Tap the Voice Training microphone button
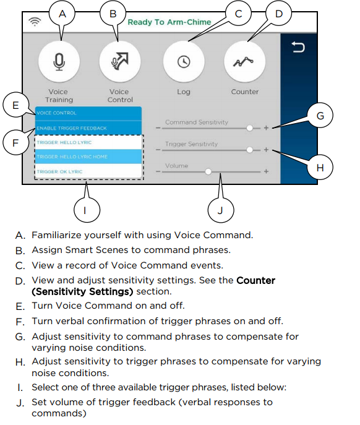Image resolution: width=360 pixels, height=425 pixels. tap(59, 62)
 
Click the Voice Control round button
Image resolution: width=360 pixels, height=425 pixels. tap(119, 62)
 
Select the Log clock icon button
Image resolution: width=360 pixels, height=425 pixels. tap(183, 62)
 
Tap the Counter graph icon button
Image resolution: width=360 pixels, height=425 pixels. tap(244, 62)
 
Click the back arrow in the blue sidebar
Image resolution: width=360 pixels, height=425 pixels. tap(298, 48)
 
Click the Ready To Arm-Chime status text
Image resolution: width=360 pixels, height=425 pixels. tap(169, 22)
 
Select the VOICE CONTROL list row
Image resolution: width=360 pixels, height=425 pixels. tap(88, 113)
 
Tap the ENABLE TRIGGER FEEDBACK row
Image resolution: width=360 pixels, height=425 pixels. tap(88, 128)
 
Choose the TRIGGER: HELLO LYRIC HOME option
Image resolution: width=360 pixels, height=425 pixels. tap(88, 157)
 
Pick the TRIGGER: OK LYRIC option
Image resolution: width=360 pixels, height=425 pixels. tap(88, 171)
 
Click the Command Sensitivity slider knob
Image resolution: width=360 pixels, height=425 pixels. tap(249, 128)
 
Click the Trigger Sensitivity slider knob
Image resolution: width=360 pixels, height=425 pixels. tap(249, 150)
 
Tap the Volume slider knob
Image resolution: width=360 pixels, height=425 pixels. tap(208, 171)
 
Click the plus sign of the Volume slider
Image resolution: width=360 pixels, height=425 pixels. tap(267, 171)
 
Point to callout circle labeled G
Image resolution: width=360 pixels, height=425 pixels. tap(320, 115)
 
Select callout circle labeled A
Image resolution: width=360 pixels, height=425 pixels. tap(61, 12)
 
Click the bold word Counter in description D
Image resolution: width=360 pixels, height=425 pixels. tap(255, 280)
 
